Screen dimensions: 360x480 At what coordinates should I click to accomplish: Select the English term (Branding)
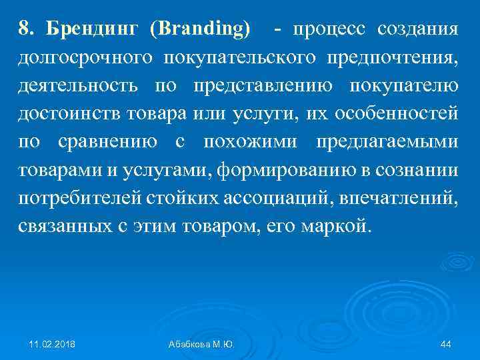point(201,29)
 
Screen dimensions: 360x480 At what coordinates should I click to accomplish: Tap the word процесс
point(329,29)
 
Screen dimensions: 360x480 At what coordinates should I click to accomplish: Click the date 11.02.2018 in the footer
point(52,344)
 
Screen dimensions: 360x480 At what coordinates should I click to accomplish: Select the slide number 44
point(446,344)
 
